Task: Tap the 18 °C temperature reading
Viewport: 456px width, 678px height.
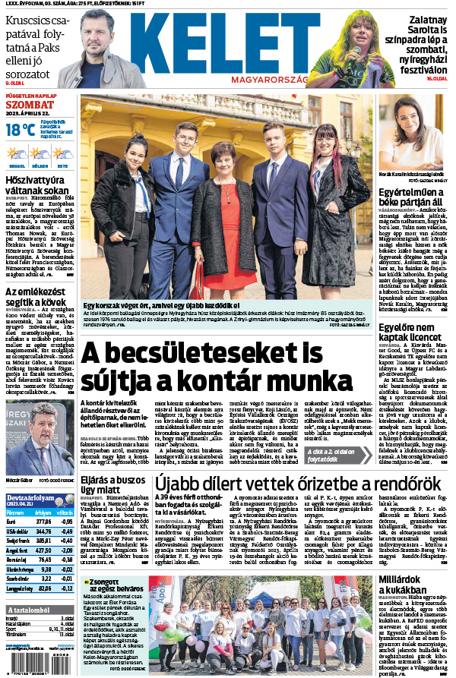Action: (20, 130)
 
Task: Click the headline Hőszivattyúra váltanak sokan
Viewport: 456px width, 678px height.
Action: (38, 186)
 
